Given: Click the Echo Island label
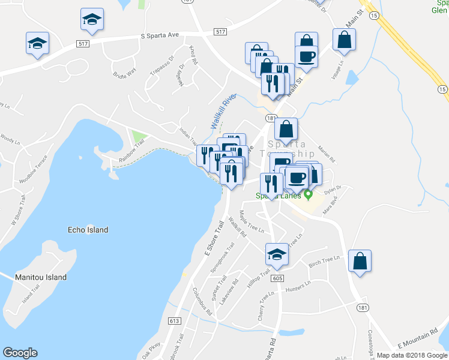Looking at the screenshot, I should [88, 230].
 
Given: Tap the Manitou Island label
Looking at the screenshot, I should [40, 277].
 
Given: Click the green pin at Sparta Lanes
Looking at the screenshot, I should [309, 194].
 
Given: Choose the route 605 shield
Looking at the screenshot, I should [277, 278].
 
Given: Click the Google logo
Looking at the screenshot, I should [20, 353].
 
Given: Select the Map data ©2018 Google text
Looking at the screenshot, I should [411, 355].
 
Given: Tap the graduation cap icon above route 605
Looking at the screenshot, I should [277, 254].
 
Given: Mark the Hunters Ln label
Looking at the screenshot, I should [298, 289].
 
